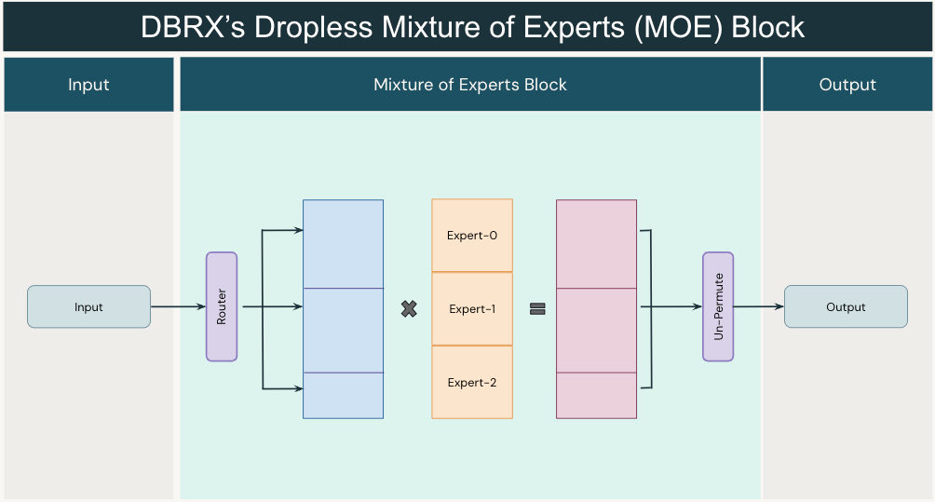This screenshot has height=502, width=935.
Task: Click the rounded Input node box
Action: (88, 306)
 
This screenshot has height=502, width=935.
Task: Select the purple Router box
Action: (222, 306)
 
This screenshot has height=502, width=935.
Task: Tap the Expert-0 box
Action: (472, 236)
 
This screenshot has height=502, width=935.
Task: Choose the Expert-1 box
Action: (472, 308)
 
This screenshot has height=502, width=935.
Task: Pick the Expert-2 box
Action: (472, 382)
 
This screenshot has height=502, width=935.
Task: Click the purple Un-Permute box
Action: (718, 306)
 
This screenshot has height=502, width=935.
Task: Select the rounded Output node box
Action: (846, 306)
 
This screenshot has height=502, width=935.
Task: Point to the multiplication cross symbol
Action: (408, 308)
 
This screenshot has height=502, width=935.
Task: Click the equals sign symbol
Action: (537, 308)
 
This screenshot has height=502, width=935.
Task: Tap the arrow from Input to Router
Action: (178, 306)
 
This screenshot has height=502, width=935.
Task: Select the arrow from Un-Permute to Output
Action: (759, 306)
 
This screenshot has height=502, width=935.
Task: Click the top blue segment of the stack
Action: (344, 244)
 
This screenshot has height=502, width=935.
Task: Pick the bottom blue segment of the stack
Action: (344, 395)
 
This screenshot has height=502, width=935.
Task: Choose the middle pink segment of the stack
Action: (597, 330)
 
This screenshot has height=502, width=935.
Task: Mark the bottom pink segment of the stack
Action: (597, 395)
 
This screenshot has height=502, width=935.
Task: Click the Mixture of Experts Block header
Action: (470, 85)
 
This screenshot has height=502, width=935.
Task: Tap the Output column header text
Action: (847, 85)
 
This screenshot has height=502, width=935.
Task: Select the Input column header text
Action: (88, 85)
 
